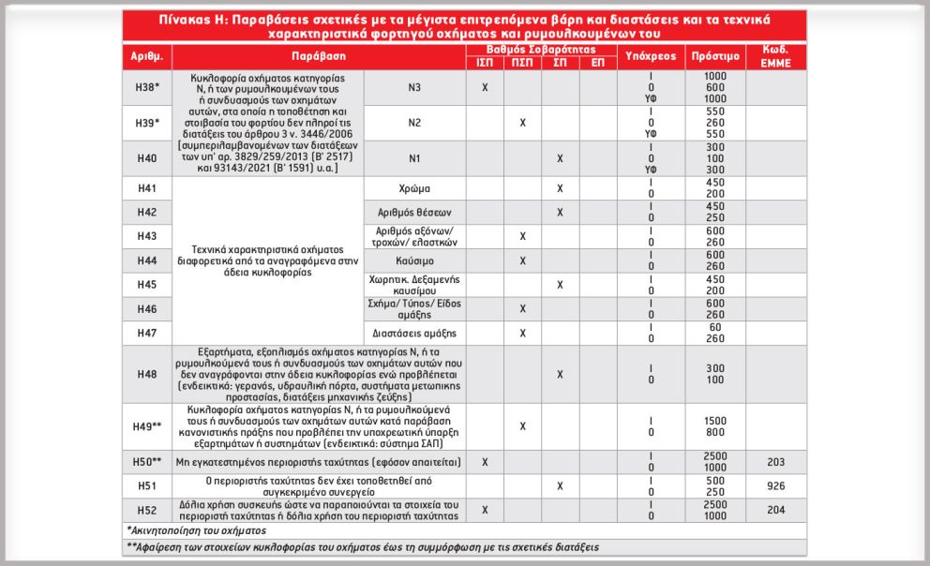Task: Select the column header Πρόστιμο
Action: [715, 56]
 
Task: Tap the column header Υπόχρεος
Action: [650, 56]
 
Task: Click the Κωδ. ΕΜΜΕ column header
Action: [776, 56]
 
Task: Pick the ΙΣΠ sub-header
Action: [485, 63]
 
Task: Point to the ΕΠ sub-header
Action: [598, 63]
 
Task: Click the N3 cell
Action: [413, 86]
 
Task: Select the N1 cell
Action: [413, 158]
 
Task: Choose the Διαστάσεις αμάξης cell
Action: [413, 333]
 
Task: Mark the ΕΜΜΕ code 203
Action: [776, 462]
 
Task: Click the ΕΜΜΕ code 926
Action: [776, 486]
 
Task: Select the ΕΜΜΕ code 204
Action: [776, 510]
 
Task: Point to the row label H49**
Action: [146, 426]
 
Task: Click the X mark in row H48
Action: [560, 374]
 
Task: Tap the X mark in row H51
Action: [560, 486]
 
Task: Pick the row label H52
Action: [146, 510]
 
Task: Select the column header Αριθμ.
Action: [146, 56]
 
